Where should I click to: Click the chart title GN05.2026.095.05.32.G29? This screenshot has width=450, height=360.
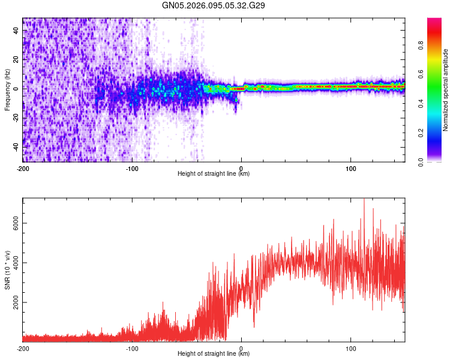coord(214,5)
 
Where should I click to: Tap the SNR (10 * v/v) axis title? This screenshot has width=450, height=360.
coord(7,269)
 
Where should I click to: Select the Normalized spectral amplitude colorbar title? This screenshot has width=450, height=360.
coord(446,90)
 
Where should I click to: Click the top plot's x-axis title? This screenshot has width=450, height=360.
coord(214,174)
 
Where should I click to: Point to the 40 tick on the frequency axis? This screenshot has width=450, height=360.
coord(16,29)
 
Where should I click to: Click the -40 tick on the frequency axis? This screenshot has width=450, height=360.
coord(16,146)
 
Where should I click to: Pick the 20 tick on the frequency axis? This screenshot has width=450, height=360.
coord(16,59)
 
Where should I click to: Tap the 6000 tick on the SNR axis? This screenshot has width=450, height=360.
coord(16,223)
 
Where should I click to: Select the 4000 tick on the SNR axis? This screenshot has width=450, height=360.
coord(16,263)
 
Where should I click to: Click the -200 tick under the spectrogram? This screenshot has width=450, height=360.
coord(23,168)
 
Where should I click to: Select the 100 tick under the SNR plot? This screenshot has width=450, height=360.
coord(350,348)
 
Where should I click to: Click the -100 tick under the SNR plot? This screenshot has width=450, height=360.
coord(132,348)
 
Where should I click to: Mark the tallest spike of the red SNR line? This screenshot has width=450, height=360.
coord(364,200)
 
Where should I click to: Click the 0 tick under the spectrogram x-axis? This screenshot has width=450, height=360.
coord(241,168)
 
